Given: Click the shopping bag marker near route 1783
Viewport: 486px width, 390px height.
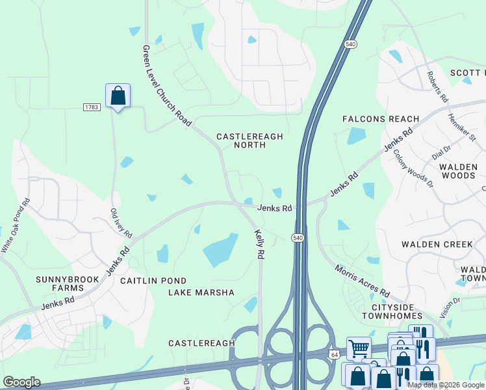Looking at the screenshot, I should click(x=118, y=96).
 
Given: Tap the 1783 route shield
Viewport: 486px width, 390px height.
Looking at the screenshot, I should click(x=92, y=107).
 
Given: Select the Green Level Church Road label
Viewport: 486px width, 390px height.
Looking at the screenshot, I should click(x=167, y=86).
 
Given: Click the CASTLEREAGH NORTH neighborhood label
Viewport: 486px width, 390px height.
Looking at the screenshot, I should click(x=249, y=140).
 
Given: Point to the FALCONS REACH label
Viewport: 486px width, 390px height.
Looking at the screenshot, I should click(x=381, y=119).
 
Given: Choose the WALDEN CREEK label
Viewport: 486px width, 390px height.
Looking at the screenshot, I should click(x=437, y=244).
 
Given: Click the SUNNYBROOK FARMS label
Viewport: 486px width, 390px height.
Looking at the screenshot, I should click(x=68, y=283).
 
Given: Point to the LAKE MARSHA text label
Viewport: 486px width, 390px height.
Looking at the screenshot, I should click(x=201, y=292).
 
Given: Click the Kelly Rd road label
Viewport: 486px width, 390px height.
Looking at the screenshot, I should click(x=259, y=244).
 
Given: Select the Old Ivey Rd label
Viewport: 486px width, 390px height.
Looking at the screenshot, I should click(x=121, y=223).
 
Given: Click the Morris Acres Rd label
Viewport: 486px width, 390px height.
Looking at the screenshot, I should click(x=363, y=280).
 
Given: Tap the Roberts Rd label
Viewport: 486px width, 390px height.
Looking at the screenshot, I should click(x=437, y=88).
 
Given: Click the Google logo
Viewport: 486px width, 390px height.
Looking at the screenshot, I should click(x=21, y=382).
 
